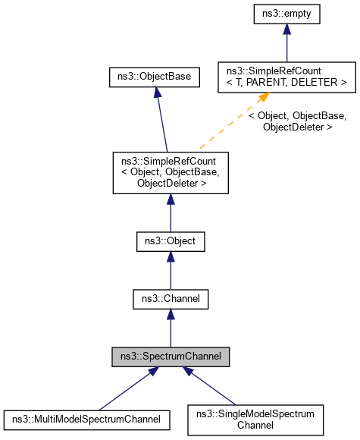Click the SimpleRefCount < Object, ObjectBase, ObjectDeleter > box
coord(170,172)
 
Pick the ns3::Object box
coord(170,242)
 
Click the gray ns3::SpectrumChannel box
coord(170,354)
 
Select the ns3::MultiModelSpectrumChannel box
coord(86,417)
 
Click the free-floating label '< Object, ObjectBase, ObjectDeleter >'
coord(298,121)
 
